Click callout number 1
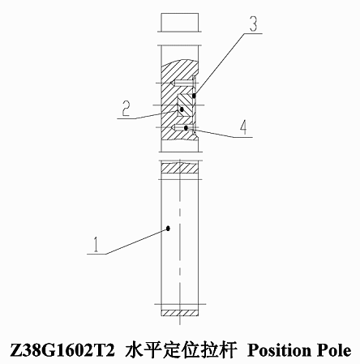[x=96, y=244]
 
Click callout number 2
[x=126, y=109]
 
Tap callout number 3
[x=253, y=24]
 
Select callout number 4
[x=243, y=127]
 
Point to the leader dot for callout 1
[x=168, y=229]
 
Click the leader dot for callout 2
[x=182, y=109]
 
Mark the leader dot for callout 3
[x=194, y=96]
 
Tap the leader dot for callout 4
[x=186, y=127]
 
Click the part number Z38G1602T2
[x=62, y=350]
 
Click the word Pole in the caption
[x=334, y=350]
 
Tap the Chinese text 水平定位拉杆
[x=181, y=350]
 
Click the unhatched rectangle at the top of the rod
[x=180, y=22]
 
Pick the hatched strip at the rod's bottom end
[x=180, y=313]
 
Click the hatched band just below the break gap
[x=180, y=168]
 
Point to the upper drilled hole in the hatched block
[x=182, y=84]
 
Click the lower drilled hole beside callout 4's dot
[x=182, y=127]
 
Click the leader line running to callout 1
[x=137, y=241]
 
